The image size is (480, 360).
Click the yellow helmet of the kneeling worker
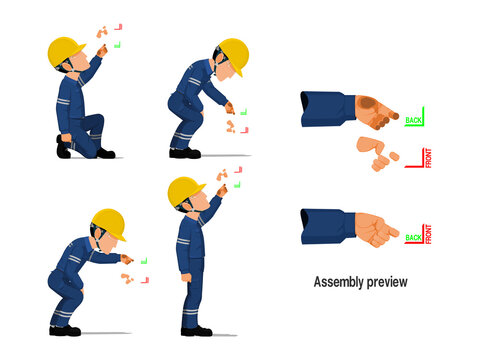tap(67, 50)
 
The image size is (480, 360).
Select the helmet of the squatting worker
tap(108, 222)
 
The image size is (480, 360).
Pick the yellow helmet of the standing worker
tap(185, 189)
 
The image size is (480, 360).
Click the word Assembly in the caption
tap(339, 282)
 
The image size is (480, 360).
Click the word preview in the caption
tap(386, 283)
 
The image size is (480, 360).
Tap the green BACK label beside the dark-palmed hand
tap(413, 121)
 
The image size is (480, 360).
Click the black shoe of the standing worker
tap(196, 331)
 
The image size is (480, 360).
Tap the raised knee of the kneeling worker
tap(96, 125)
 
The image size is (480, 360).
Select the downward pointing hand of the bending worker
tap(230, 107)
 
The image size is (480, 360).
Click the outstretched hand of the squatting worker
tap(126, 258)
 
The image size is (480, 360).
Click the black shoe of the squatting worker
tap(65, 330)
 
